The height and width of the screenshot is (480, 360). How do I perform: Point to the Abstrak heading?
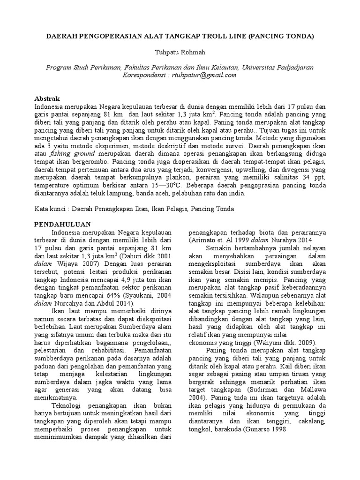pyautogui.click(x=48, y=99)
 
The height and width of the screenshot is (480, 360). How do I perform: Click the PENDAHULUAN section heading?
pyautogui.click(x=63, y=224)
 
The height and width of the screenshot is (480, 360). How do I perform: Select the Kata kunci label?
pyautogui.click(x=52, y=209)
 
